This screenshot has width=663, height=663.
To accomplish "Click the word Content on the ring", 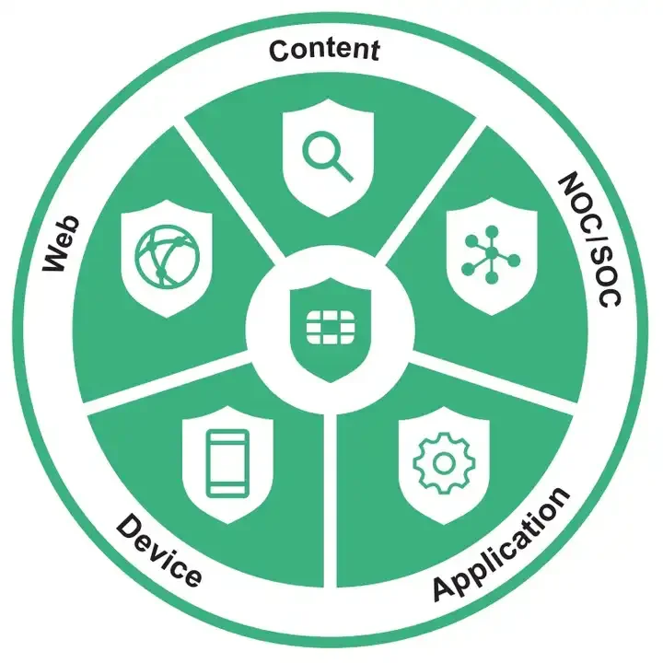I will coord(324,51).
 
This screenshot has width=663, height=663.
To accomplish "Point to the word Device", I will coord(158,552).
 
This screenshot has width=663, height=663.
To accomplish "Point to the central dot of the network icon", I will coord(492,252).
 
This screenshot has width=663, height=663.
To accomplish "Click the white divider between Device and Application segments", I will coord(331,497).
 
